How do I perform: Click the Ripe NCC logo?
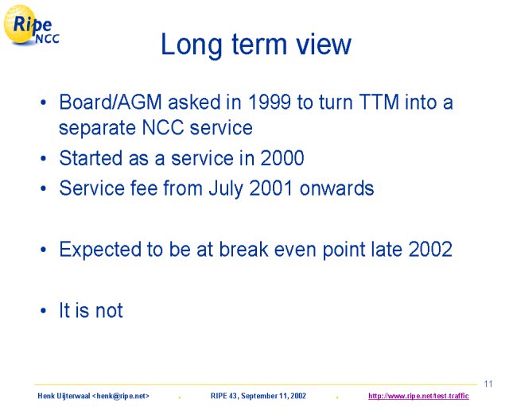[31, 25]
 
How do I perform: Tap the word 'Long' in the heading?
[192, 46]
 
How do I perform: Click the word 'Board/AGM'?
[111, 102]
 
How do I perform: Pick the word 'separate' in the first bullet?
[97, 128]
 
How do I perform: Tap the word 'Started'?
[91, 158]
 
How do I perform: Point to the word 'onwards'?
[336, 188]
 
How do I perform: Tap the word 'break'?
[244, 250]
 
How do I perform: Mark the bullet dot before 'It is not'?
[44, 311]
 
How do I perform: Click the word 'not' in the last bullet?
[109, 311]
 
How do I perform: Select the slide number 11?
[488, 384]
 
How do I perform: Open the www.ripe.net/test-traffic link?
[418, 396]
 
